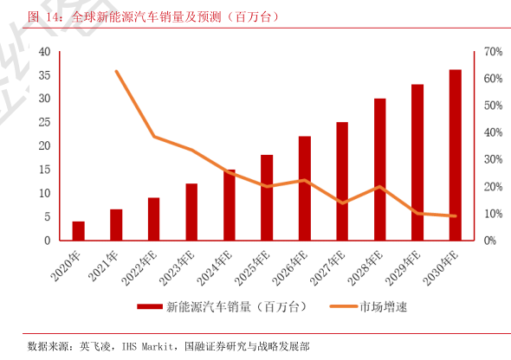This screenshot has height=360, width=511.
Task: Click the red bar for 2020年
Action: point(78,231)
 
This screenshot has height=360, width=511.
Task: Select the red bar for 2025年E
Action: point(267,197)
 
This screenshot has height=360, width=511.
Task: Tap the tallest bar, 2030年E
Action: point(455,155)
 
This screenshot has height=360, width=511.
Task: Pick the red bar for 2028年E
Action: point(379,170)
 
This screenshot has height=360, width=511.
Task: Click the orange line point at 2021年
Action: point(116,71)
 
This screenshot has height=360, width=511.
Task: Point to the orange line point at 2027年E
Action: point(342,203)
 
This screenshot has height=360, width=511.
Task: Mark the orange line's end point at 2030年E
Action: point(455,215)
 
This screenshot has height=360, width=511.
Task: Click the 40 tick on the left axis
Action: point(44,51)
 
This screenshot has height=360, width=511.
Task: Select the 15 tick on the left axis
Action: point(44,170)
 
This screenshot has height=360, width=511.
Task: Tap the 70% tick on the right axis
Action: point(493,51)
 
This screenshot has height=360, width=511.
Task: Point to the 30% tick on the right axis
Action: point(493,159)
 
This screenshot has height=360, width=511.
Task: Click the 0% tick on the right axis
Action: point(490,241)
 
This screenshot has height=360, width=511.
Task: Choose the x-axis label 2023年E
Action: point(177,268)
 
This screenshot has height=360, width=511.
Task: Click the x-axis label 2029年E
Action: point(403,268)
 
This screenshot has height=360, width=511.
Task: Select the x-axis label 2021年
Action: point(103,267)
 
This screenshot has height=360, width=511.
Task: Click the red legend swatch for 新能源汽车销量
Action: point(150,306)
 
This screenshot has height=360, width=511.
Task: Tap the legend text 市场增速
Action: point(383,306)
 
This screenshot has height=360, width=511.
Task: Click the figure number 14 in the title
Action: point(52,17)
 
